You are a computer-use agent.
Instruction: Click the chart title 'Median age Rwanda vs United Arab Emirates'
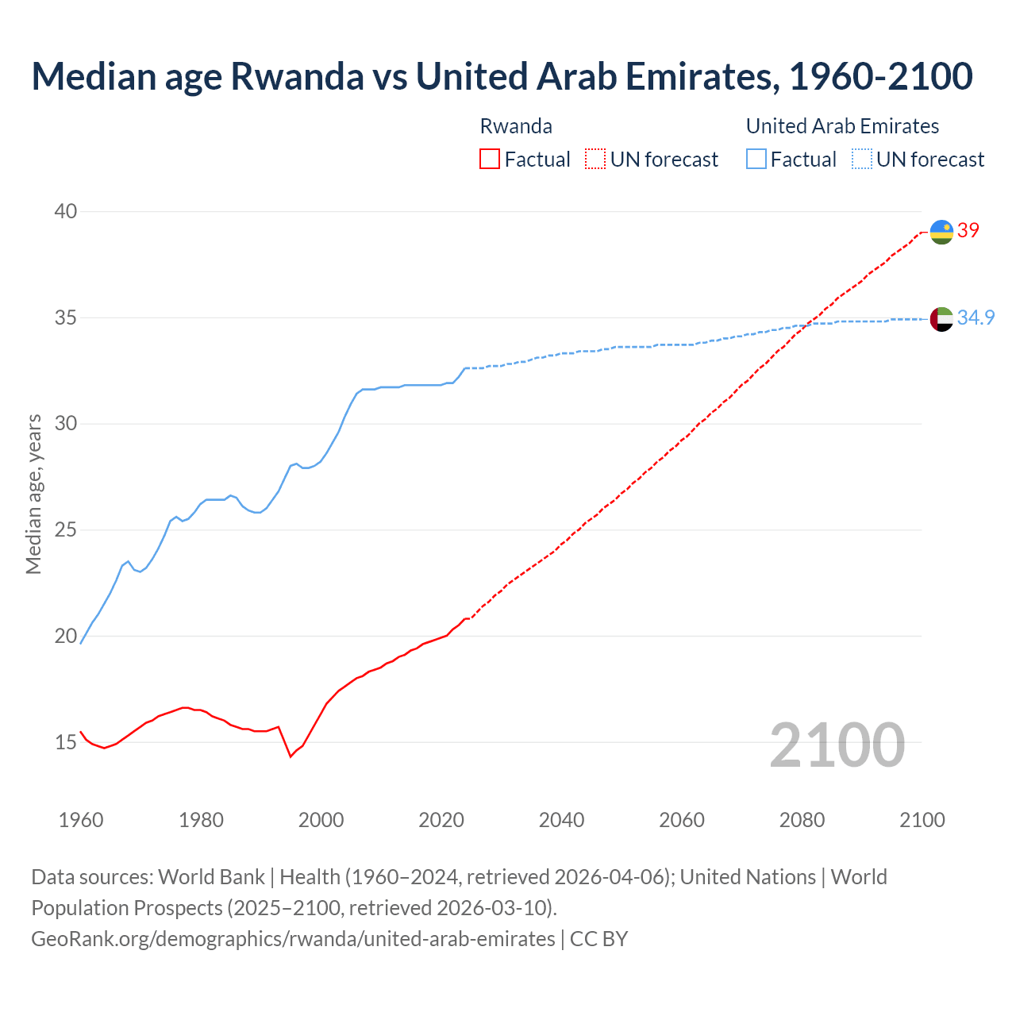click(502, 76)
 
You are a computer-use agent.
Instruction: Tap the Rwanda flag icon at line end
click(941, 232)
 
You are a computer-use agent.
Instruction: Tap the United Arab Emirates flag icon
click(941, 319)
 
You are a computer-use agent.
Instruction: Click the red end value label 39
click(968, 231)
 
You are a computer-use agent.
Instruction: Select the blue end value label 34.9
click(976, 318)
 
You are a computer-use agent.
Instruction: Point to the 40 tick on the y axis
click(66, 211)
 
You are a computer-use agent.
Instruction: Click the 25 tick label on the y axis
click(66, 529)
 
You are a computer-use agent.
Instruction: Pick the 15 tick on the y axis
click(66, 742)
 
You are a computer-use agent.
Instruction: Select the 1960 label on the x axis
click(81, 820)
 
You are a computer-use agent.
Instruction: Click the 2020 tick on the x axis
click(441, 820)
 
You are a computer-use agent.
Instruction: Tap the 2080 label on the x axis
click(802, 820)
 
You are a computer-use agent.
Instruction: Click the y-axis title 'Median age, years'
click(33, 494)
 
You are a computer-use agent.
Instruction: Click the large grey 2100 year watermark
click(837, 745)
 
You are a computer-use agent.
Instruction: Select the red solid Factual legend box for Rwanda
click(490, 160)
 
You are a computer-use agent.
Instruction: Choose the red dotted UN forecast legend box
click(595, 160)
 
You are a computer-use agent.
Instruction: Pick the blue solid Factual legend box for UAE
click(756, 160)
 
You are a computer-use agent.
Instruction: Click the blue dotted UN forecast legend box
click(862, 160)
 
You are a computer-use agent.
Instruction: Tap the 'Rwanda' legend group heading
click(516, 126)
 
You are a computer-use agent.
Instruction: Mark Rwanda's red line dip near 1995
click(291, 756)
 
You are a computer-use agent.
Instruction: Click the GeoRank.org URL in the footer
click(293, 939)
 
